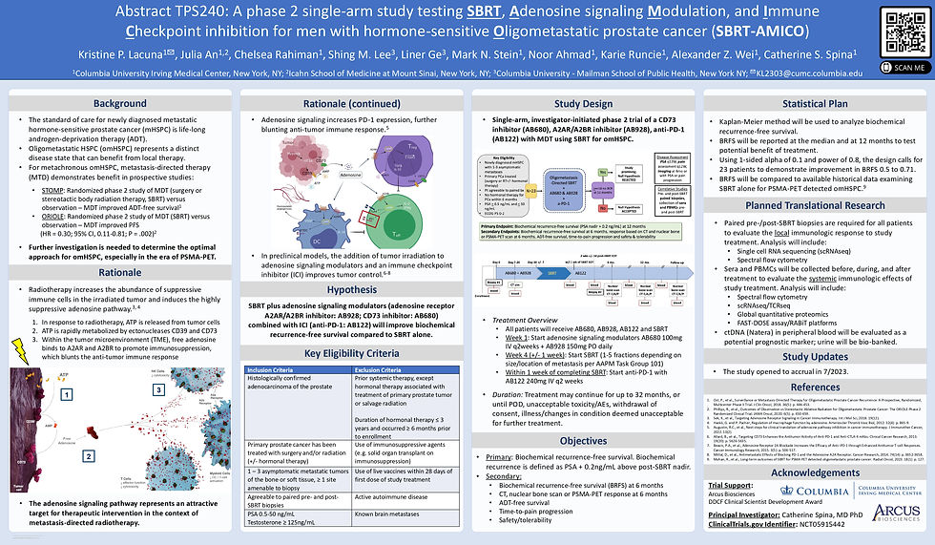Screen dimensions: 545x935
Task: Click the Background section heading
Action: (x=120, y=103)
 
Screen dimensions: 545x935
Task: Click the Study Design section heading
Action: (x=582, y=103)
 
